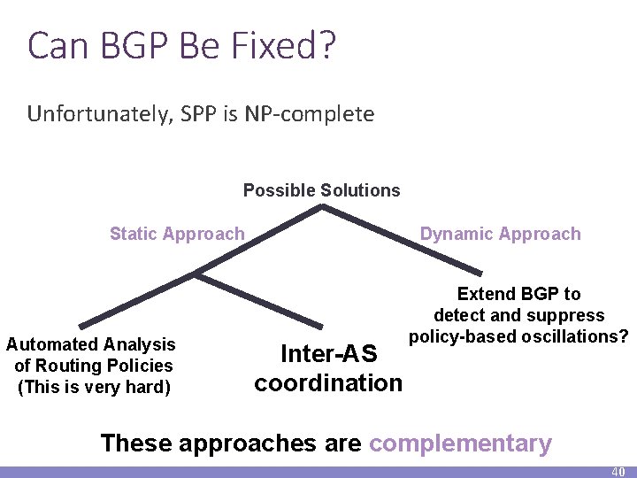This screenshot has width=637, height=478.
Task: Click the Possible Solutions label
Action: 321,190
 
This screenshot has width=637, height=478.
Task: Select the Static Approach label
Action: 177,234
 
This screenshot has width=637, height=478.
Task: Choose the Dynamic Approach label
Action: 500,234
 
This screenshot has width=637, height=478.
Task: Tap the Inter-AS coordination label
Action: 328,368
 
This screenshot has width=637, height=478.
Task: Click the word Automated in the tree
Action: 53,344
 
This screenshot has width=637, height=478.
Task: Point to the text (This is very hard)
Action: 94,387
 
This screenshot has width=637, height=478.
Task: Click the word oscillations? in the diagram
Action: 575,337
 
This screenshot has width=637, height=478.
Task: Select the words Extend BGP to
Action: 518,294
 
